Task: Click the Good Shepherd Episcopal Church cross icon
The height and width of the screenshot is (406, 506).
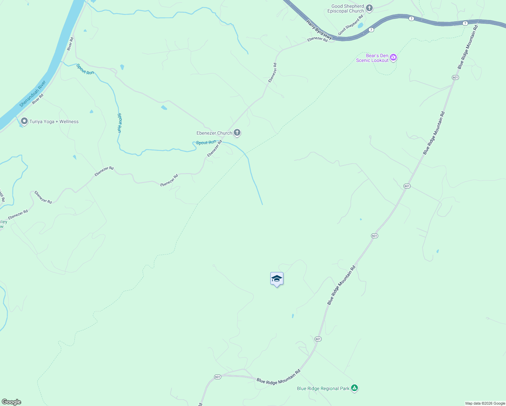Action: [369, 8]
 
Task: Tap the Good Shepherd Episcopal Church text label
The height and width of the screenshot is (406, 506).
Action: [346, 9]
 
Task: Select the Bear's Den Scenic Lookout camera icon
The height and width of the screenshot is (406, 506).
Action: [393, 58]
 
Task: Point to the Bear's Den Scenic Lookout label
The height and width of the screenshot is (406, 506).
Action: [372, 58]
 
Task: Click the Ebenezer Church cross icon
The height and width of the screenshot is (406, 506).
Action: [237, 133]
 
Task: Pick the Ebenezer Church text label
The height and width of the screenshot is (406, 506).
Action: [214, 133]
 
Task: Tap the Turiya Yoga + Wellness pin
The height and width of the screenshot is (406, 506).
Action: [24, 121]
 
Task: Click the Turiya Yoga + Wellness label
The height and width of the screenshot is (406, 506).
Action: [54, 121]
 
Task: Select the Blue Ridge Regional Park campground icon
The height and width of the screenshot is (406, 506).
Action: [354, 388]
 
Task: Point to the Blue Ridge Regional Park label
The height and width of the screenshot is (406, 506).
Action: [323, 388]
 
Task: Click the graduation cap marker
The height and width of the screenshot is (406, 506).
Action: [277, 279]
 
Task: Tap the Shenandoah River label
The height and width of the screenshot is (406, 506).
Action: [32, 94]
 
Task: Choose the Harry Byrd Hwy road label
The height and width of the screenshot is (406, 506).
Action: [319, 29]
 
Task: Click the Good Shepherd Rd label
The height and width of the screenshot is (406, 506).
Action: [350, 25]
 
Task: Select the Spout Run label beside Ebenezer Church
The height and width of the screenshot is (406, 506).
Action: [206, 142]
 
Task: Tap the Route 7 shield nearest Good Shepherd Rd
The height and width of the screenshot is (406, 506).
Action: [371, 30]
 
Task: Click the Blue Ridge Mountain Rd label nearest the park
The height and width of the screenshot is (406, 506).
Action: [278, 377]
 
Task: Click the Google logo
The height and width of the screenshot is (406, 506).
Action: [11, 402]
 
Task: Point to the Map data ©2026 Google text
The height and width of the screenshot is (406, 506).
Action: [485, 403]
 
